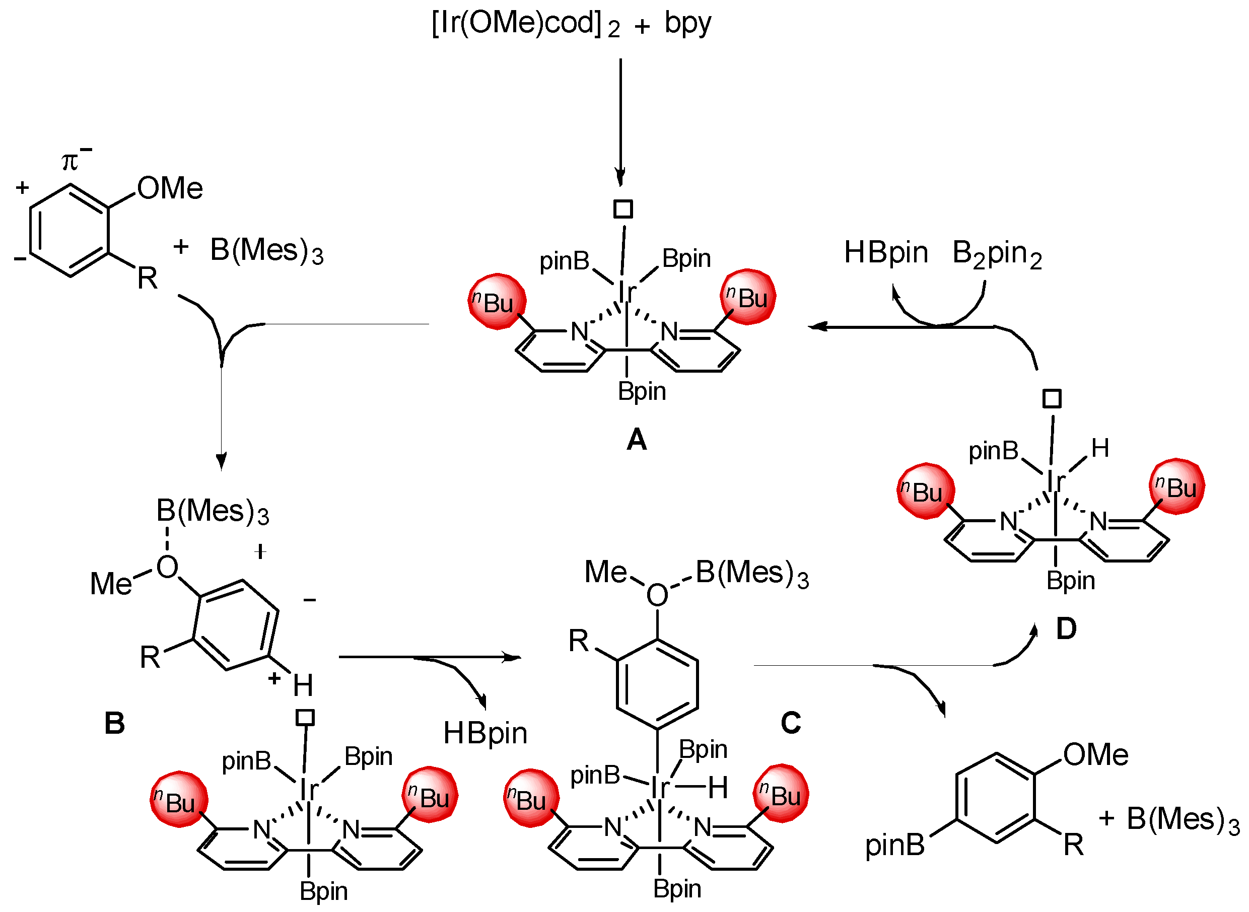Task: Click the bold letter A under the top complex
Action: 637,440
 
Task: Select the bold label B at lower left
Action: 114,723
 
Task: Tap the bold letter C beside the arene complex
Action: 791,723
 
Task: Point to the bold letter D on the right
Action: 1066,629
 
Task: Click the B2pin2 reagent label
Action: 997,254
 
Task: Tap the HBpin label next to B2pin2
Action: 886,253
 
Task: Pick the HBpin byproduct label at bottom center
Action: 485,734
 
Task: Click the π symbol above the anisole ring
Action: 70,162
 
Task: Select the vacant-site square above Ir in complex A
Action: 623,209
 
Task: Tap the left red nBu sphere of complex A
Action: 497,302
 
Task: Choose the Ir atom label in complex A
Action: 627,292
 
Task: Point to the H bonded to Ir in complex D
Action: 1100,448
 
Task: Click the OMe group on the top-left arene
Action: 170,188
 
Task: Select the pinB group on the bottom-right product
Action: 894,845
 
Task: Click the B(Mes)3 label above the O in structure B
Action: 212,511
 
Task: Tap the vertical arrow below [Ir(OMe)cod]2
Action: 620,121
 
